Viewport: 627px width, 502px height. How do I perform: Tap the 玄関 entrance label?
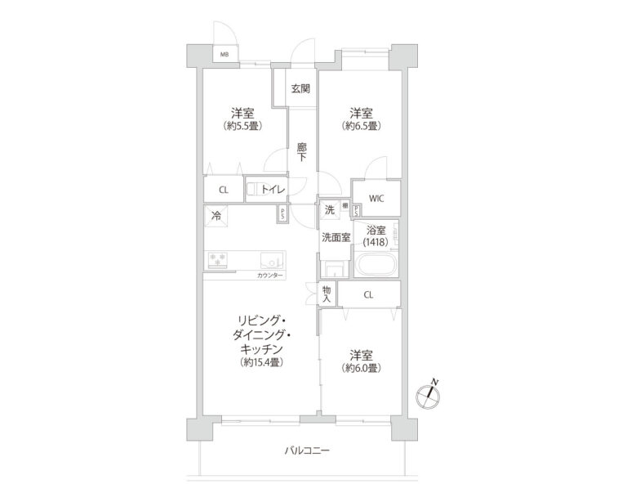(300, 87)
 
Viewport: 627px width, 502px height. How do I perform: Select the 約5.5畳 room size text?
(241, 127)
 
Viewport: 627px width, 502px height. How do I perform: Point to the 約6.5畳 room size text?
(361, 127)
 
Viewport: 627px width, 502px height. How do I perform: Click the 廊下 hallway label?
(301, 151)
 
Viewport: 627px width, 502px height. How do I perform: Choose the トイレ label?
(273, 190)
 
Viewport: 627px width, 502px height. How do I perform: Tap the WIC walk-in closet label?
(376, 197)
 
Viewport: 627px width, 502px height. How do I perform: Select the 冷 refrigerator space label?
(216, 216)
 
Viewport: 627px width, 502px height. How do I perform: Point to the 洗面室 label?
(336, 238)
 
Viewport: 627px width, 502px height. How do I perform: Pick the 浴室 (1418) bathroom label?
(376, 236)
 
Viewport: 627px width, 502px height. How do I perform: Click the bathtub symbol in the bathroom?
(376, 265)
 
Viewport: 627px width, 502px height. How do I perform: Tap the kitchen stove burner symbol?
(219, 259)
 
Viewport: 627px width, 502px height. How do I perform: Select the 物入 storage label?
(327, 294)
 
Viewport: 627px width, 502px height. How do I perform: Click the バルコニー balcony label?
(307, 450)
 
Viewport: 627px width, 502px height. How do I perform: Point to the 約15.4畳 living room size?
(262, 362)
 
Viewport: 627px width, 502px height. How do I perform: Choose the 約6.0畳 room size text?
(361, 369)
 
